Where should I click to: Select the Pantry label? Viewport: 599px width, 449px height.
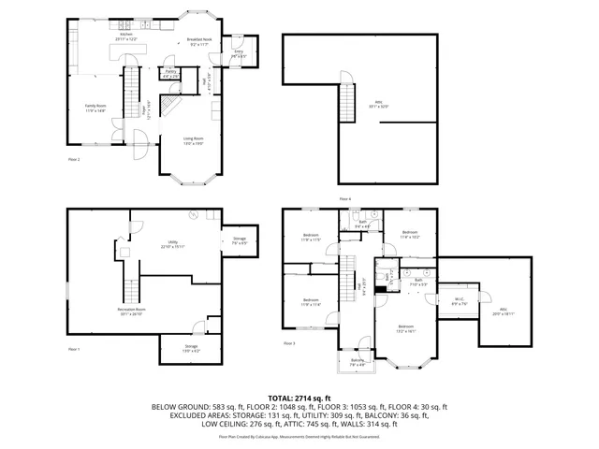coord(171,73)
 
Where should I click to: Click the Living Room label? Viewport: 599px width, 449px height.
coord(193,140)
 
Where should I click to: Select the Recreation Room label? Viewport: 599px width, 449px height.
coord(133,311)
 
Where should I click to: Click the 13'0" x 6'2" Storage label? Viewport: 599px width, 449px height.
coord(191,349)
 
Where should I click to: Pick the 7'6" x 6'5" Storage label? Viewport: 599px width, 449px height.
coord(240,240)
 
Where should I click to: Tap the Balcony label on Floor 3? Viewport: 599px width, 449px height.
coord(357,363)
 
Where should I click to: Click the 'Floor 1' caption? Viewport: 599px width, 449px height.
coord(74,349)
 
